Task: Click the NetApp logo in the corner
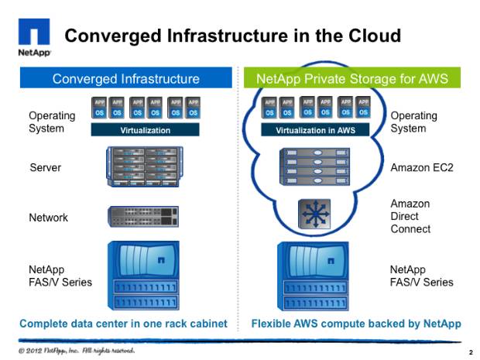pos(34,37)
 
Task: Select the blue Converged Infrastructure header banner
pos(126,77)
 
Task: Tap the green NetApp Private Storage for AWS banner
pos(352,77)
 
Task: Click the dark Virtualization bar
pos(145,130)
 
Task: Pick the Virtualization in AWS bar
pos(315,130)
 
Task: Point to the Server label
pos(46,167)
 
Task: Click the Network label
pos(48,218)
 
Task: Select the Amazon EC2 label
pos(422,167)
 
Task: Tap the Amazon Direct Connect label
pos(410,216)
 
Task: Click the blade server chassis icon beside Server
pos(145,166)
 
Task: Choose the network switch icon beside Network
pos(143,217)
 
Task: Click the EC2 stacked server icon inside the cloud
pos(314,166)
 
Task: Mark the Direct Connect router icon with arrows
pos(314,214)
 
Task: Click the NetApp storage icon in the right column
pos(313,276)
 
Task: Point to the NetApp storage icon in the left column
pos(143,276)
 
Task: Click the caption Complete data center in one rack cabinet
pos(123,324)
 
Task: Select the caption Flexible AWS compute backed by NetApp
pos(356,324)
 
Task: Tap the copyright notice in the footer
pos(76,350)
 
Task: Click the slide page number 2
pos(471,353)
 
